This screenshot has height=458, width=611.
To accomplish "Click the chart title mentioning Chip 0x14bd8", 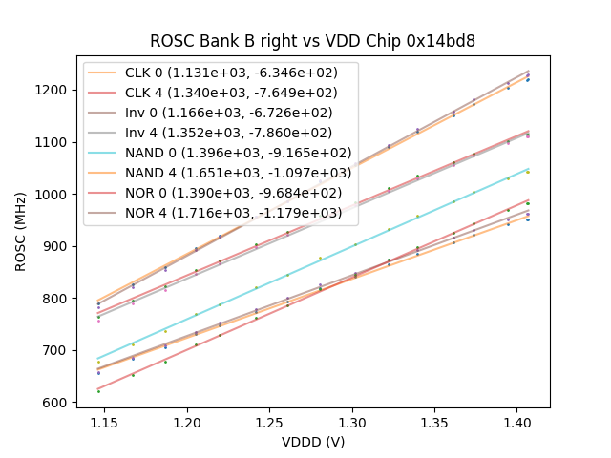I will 312,41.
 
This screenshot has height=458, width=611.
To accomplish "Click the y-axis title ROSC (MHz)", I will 21,230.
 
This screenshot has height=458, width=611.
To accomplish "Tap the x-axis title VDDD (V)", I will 312,442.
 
